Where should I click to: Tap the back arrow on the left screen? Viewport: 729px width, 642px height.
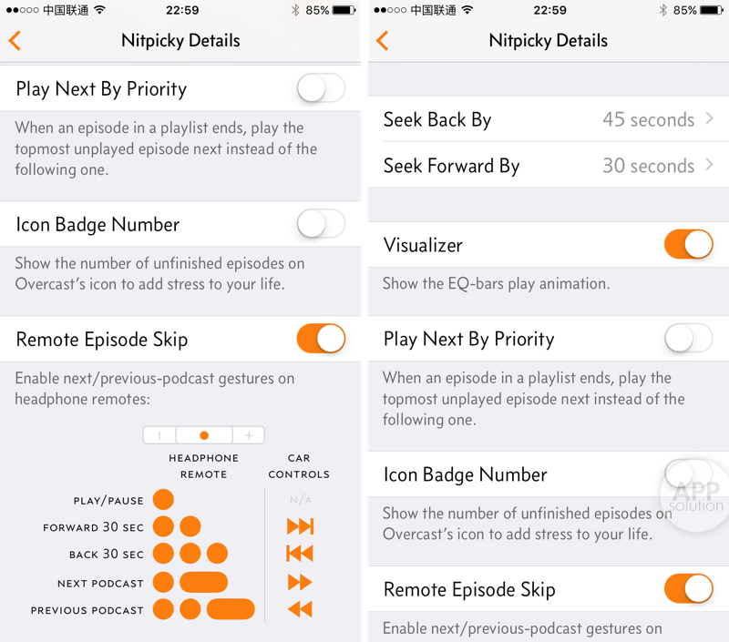[x=15, y=40]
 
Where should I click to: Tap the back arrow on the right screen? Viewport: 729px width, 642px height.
[x=382, y=40]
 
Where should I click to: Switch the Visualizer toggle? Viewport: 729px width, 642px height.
[x=688, y=244]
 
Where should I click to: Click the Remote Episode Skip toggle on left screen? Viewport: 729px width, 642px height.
[x=321, y=338]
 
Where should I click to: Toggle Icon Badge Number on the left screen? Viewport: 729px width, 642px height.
[x=321, y=223]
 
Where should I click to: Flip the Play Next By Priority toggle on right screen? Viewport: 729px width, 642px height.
[x=688, y=338]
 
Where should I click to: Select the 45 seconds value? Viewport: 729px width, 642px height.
[x=649, y=119]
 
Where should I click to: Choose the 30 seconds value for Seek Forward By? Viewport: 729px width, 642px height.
[x=649, y=166]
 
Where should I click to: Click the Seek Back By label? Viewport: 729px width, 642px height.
[x=437, y=120]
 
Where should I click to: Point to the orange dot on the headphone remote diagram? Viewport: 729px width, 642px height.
[x=203, y=435]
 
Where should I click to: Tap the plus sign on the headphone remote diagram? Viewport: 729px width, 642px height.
[x=249, y=435]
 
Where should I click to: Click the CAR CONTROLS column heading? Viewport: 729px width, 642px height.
[x=299, y=466]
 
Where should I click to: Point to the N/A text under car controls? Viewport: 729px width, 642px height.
[x=301, y=500]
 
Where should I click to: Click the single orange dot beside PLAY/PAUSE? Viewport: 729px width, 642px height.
[x=163, y=499]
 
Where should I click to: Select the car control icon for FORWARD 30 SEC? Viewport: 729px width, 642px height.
[x=301, y=526]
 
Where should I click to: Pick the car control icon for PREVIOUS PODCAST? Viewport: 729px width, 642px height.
[x=300, y=609]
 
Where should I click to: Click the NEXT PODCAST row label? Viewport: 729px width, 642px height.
[x=100, y=584]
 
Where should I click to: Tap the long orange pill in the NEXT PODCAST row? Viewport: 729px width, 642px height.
[x=203, y=582]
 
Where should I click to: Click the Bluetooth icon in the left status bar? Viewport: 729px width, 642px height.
[x=295, y=10]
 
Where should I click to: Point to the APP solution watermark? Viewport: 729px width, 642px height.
[x=696, y=495]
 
